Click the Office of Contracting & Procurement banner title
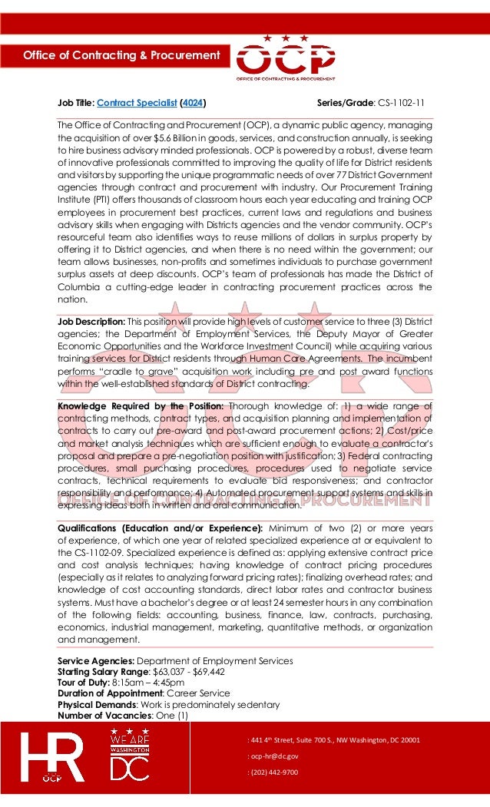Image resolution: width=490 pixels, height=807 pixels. point(121,55)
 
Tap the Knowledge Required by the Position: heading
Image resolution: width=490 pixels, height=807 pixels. point(141,406)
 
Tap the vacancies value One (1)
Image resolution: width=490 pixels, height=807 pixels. point(171,715)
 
